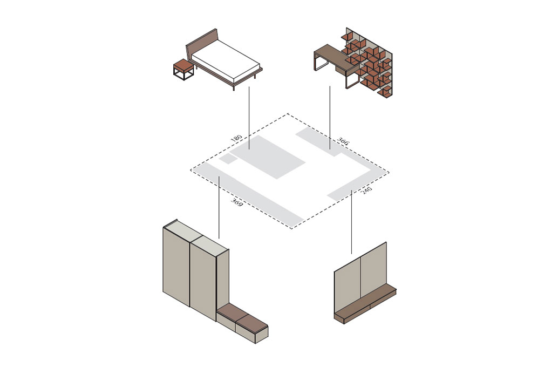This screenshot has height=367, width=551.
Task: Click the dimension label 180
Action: point(236,138)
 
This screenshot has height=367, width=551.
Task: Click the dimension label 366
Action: point(343,141)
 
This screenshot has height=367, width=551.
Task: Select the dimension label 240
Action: point(366,191)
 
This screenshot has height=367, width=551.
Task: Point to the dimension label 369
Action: point(237,202)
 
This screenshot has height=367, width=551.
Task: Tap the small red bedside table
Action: point(183,69)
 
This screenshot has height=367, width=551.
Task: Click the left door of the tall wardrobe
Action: point(176,268)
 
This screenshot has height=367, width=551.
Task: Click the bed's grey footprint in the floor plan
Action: point(267,157)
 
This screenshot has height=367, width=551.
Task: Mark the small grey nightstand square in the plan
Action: point(228,159)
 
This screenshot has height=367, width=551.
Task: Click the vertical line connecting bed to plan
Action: point(249,118)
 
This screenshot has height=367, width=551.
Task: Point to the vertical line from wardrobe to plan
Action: point(219,207)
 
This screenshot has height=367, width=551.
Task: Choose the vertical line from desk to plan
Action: point(330,118)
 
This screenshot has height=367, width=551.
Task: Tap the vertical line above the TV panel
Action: point(351,222)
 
